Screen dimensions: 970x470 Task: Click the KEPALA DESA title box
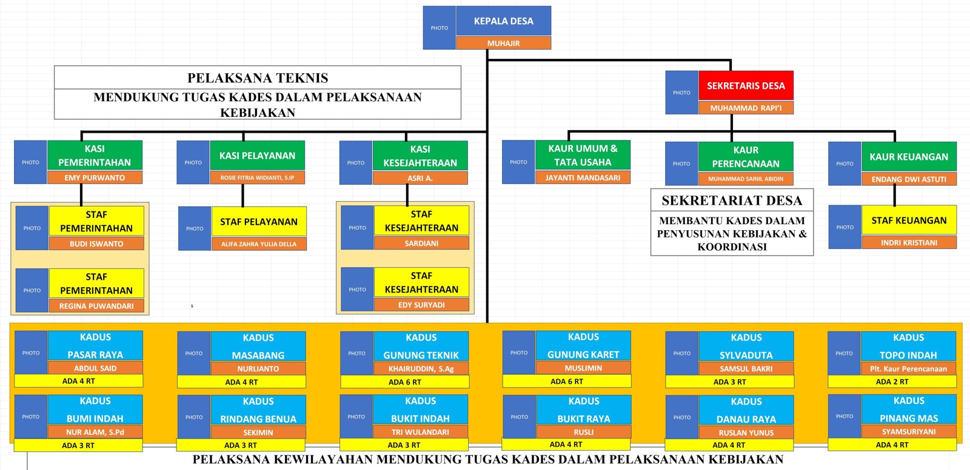coord(504,21)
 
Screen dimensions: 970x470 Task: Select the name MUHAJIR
coord(504,43)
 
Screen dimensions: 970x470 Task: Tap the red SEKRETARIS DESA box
coord(746,85)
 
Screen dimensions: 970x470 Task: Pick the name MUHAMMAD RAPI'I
coord(746,108)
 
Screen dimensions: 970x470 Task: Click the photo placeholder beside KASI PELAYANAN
coord(193,162)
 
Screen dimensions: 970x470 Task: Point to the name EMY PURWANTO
coord(95,177)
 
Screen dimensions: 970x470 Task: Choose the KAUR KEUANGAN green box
coord(909,157)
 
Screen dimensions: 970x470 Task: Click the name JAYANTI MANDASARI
coord(583,177)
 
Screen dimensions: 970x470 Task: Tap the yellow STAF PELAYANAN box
coord(259,222)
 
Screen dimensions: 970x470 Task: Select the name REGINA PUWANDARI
coord(96,305)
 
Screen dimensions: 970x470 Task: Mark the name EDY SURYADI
coord(421,305)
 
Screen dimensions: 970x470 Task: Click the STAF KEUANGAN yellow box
coord(909,220)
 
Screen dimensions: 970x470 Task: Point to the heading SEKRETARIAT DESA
coord(732,200)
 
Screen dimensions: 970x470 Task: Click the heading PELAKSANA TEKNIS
coord(258,78)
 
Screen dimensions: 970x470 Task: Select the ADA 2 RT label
coord(892,382)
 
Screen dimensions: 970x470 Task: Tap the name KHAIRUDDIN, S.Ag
coord(421,369)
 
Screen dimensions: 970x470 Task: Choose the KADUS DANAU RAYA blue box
coord(746,410)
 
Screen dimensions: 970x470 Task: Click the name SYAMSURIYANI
coord(909,431)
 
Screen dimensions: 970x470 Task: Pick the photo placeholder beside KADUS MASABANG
coord(193,353)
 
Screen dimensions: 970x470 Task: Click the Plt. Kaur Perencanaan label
coord(909,369)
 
